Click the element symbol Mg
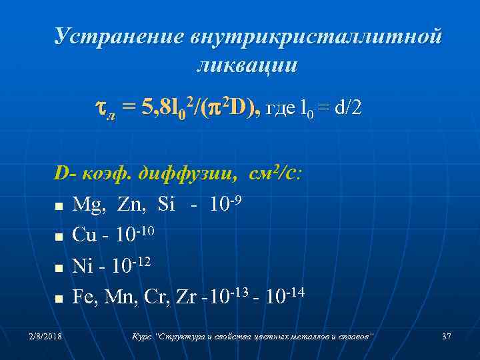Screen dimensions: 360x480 click(87, 204)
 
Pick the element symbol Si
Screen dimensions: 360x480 click(165, 204)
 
